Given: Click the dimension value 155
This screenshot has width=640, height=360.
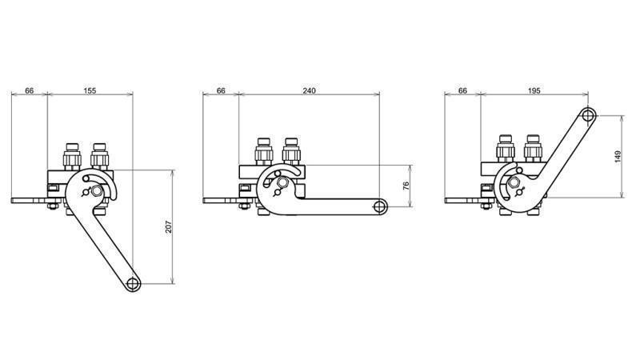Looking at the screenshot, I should pyautogui.click(x=90, y=91).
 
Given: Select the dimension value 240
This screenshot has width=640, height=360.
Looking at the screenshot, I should pyautogui.click(x=309, y=91).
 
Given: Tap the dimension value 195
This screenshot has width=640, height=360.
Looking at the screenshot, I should pyautogui.click(x=534, y=91).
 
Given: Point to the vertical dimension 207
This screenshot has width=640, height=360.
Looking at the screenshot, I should pyautogui.click(x=168, y=226).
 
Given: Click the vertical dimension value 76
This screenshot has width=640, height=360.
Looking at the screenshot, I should pyautogui.click(x=406, y=186).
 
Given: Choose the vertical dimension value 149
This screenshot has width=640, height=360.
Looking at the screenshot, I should pyautogui.click(x=618, y=157).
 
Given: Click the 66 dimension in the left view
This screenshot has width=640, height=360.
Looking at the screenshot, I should pyautogui.click(x=30, y=91).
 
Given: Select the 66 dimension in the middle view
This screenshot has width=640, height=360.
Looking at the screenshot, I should pyautogui.click(x=221, y=91).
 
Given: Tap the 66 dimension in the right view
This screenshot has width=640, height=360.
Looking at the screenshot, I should pyautogui.click(x=462, y=91).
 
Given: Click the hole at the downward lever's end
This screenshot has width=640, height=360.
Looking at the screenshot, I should pyautogui.click(x=132, y=282).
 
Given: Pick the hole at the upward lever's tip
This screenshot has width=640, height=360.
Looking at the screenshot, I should pyautogui.click(x=588, y=116).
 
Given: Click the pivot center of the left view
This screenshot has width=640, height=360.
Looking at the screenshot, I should pyautogui.click(x=97, y=192).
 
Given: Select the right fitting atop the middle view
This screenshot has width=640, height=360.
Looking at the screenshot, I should pyautogui.click(x=291, y=150).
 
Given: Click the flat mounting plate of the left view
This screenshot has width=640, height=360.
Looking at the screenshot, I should pyautogui.click(x=28, y=200).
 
